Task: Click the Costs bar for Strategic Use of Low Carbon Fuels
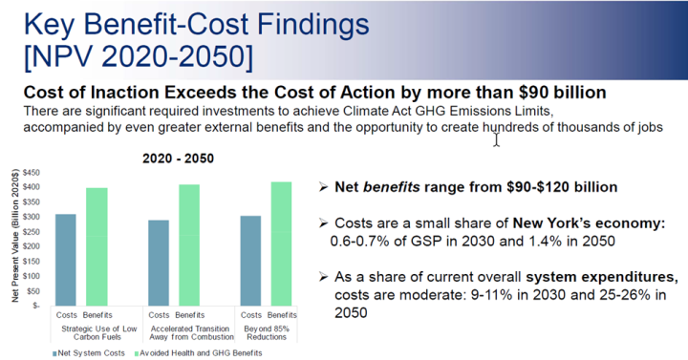(x=65, y=260)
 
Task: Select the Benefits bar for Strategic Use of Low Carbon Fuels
(x=97, y=246)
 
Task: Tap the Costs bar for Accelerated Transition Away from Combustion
(x=159, y=263)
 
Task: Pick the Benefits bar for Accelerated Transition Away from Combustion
(x=189, y=245)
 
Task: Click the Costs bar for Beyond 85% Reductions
(x=250, y=261)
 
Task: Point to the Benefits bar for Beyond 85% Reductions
(x=281, y=244)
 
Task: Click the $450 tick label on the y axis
(x=32, y=172)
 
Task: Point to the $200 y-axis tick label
(x=32, y=246)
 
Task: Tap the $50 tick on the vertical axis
(x=33, y=291)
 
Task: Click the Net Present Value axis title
(x=16, y=236)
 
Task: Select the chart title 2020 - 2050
(x=178, y=159)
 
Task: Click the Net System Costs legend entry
(x=89, y=353)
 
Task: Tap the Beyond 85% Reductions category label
(x=267, y=333)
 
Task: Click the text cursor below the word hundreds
(x=496, y=139)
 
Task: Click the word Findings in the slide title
(x=312, y=24)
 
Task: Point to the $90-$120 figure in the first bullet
(x=542, y=187)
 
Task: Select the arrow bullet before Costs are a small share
(x=323, y=223)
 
